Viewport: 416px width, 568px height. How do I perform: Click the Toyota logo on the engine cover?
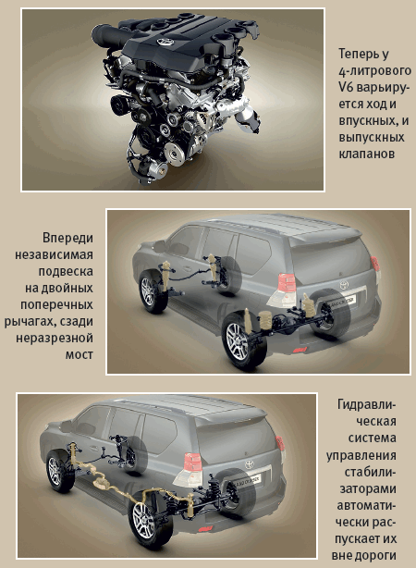[165, 41]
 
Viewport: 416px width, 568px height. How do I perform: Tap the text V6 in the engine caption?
[347, 87]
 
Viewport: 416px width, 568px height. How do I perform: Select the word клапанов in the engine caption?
[366, 154]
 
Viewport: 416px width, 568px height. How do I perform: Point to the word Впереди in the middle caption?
[67, 238]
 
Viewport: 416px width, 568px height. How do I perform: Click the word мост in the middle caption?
[80, 354]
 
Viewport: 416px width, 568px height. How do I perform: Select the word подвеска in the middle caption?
[66, 272]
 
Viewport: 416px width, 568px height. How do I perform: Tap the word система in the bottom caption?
[373, 438]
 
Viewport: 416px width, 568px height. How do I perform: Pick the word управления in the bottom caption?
[361, 455]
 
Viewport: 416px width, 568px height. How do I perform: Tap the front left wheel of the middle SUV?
[153, 292]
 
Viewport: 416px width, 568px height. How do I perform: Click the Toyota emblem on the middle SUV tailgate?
[344, 285]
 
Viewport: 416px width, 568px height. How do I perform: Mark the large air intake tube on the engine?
[108, 35]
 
